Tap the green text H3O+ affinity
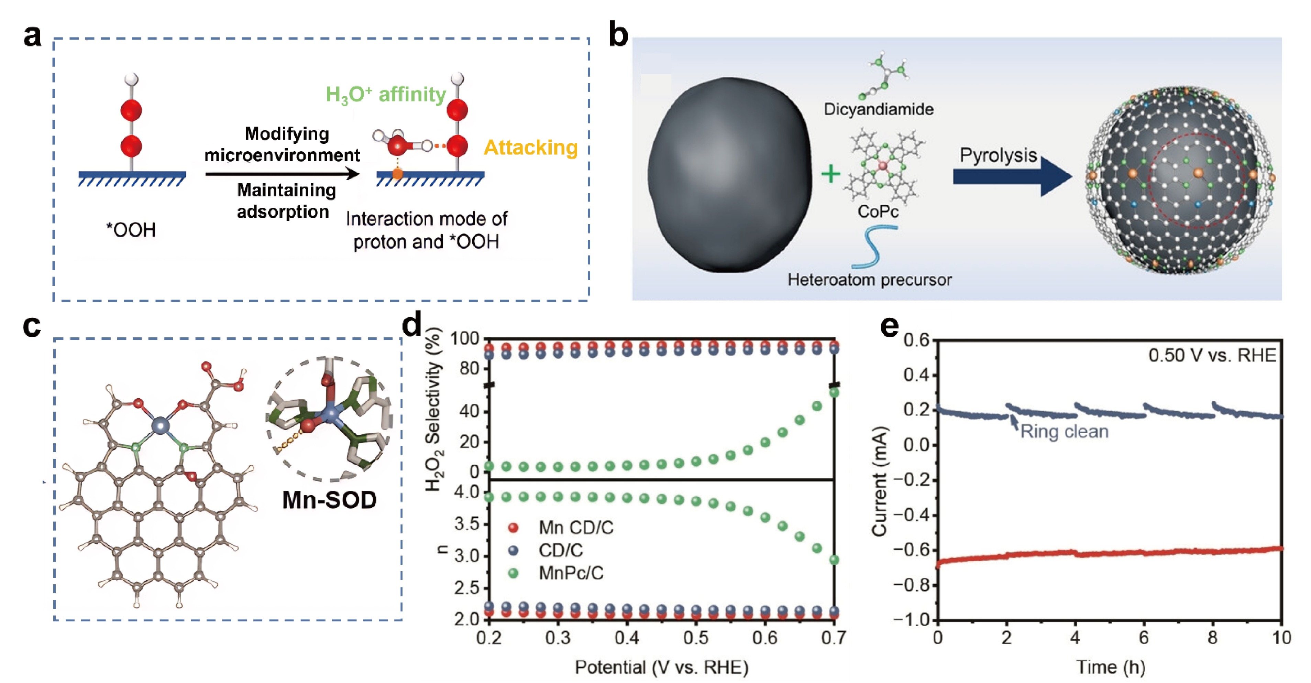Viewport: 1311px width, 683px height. [386, 95]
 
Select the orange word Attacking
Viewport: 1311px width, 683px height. [531, 148]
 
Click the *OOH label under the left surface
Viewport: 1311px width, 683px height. [131, 230]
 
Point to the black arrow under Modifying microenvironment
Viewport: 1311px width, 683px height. [283, 174]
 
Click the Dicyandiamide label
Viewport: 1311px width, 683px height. [878, 109]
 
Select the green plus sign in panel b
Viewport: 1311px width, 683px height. [830, 174]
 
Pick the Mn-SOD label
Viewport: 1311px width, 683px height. [329, 500]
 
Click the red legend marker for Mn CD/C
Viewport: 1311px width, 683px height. [514, 528]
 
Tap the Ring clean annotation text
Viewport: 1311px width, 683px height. [1064, 432]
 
